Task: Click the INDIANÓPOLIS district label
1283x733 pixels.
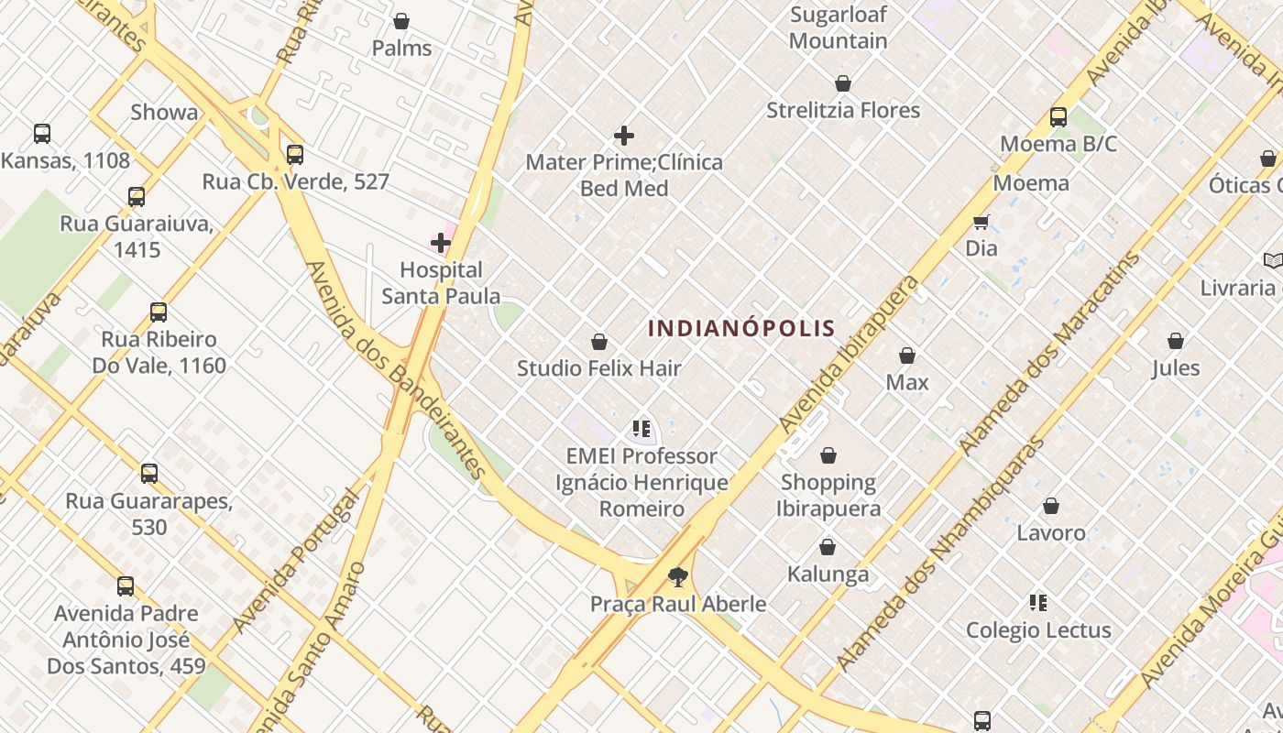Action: pos(741,328)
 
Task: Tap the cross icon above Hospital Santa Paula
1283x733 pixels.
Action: pos(441,243)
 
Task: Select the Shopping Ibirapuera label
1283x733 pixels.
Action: pos(828,495)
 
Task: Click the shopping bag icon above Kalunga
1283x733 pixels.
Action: pos(828,548)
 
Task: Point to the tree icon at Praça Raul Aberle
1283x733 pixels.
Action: pos(678,576)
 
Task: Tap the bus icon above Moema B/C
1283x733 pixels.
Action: pos(1058,117)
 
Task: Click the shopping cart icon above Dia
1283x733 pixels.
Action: pos(981,222)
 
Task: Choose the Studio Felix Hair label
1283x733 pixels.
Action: pos(599,368)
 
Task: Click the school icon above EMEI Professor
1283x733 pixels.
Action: pos(641,428)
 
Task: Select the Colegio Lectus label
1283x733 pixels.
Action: pos(1038,630)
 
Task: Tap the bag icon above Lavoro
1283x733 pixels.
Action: pos(1051,506)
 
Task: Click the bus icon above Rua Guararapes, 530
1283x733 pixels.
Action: pos(149,474)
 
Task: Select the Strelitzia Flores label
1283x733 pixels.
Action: pos(843,110)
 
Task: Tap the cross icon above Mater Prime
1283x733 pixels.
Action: pos(624,137)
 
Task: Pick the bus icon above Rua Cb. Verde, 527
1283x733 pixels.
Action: pos(295,155)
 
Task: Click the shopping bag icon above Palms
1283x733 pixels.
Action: pos(401,21)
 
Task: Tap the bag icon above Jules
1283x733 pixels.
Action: pos(1176,342)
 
